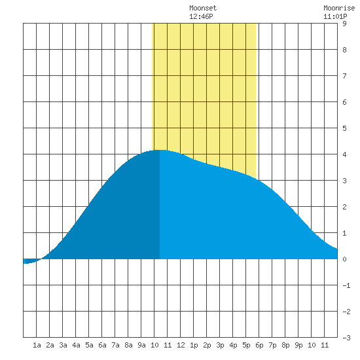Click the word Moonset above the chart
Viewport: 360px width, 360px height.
point(203,8)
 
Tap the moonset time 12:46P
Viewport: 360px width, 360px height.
point(201,16)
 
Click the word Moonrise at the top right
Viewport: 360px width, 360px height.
point(339,8)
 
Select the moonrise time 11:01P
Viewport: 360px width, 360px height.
point(335,16)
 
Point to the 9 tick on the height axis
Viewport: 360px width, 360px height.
point(344,24)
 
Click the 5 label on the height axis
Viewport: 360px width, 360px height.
point(344,128)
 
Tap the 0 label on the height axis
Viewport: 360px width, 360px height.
point(344,259)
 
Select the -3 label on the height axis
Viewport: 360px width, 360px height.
point(346,338)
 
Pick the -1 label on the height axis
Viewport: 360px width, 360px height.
point(346,285)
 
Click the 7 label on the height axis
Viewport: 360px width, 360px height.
point(344,76)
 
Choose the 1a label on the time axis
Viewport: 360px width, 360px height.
point(37,345)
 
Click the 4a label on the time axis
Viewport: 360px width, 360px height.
point(76,345)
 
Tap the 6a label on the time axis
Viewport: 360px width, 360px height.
point(102,345)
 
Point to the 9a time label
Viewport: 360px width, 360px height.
point(141,345)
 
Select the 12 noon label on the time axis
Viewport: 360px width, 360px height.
point(181,345)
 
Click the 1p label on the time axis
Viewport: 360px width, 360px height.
point(194,345)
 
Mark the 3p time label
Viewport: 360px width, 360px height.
point(220,345)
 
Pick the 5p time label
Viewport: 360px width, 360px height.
point(246,345)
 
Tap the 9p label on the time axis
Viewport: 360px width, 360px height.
point(298,345)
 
